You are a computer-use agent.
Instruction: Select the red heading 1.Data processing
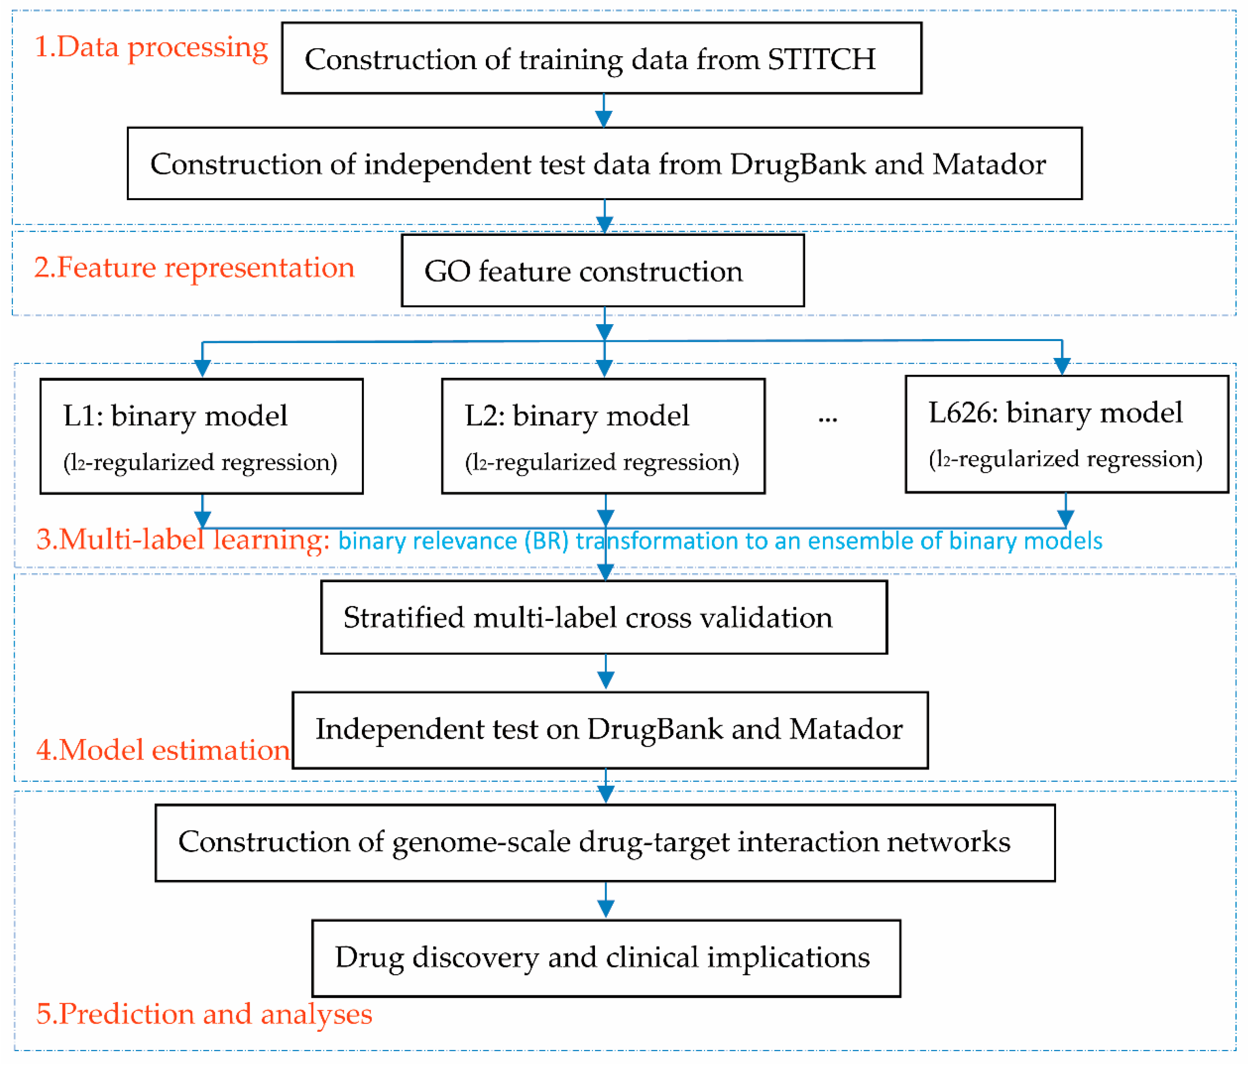(x=151, y=47)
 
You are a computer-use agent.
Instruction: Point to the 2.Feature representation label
(x=194, y=267)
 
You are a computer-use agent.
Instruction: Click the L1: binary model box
(x=201, y=436)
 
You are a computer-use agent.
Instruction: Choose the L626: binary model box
(x=1066, y=434)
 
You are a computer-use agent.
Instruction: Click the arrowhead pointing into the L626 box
(x=1062, y=365)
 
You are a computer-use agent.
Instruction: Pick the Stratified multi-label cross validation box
(x=604, y=617)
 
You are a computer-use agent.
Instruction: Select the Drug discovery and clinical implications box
(x=606, y=958)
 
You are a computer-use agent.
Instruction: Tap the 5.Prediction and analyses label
(x=204, y=1014)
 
